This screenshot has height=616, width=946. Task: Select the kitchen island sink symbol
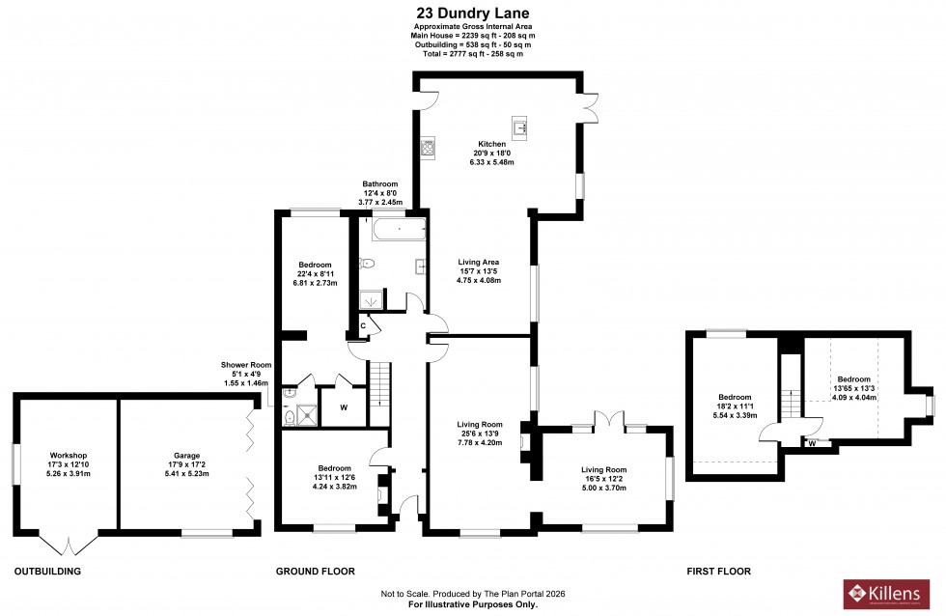(521, 126)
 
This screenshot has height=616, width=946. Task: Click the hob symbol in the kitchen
(428, 147)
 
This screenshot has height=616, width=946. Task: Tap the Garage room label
(186, 455)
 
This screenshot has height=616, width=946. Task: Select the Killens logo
(888, 593)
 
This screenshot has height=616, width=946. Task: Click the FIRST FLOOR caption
(718, 572)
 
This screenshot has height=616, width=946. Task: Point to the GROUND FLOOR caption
(315, 572)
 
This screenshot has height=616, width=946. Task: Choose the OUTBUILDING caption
(47, 572)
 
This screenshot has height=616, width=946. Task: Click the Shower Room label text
(241, 365)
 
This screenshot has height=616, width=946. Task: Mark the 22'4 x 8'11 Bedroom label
(315, 266)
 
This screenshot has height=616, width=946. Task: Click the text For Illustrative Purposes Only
(473, 603)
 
